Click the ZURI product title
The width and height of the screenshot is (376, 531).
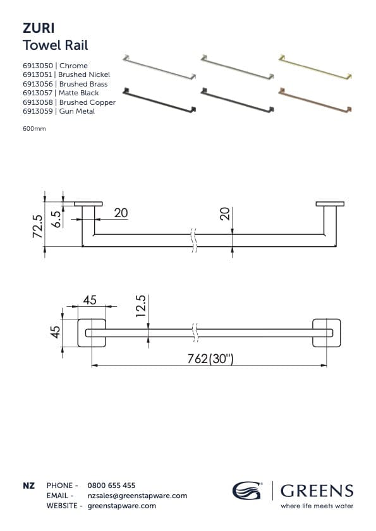point(39,29)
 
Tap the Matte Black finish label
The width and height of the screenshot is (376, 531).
point(78,93)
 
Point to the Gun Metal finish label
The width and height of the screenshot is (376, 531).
point(76,111)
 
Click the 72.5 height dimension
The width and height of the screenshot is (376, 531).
point(37,225)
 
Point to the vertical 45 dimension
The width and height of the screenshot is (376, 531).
point(56,331)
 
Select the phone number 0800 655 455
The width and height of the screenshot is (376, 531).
point(111,486)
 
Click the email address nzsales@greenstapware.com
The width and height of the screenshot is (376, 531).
point(137,496)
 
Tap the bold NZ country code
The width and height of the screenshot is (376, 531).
point(28,486)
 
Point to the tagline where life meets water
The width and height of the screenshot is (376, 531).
point(317,505)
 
